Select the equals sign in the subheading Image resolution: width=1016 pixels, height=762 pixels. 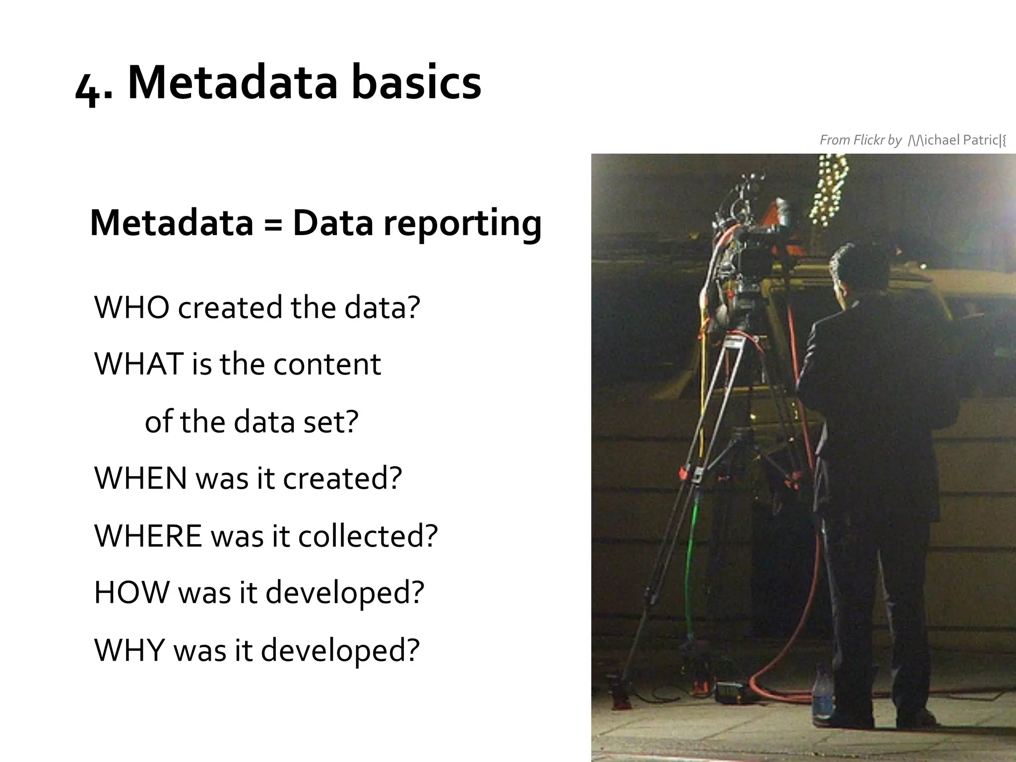coord(272,224)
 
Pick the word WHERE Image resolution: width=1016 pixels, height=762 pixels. coord(148,536)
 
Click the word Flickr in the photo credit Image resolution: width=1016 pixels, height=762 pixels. coord(869,140)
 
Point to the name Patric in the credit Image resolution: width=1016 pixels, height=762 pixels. coord(980,140)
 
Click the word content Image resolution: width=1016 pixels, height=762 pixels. coord(327,364)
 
